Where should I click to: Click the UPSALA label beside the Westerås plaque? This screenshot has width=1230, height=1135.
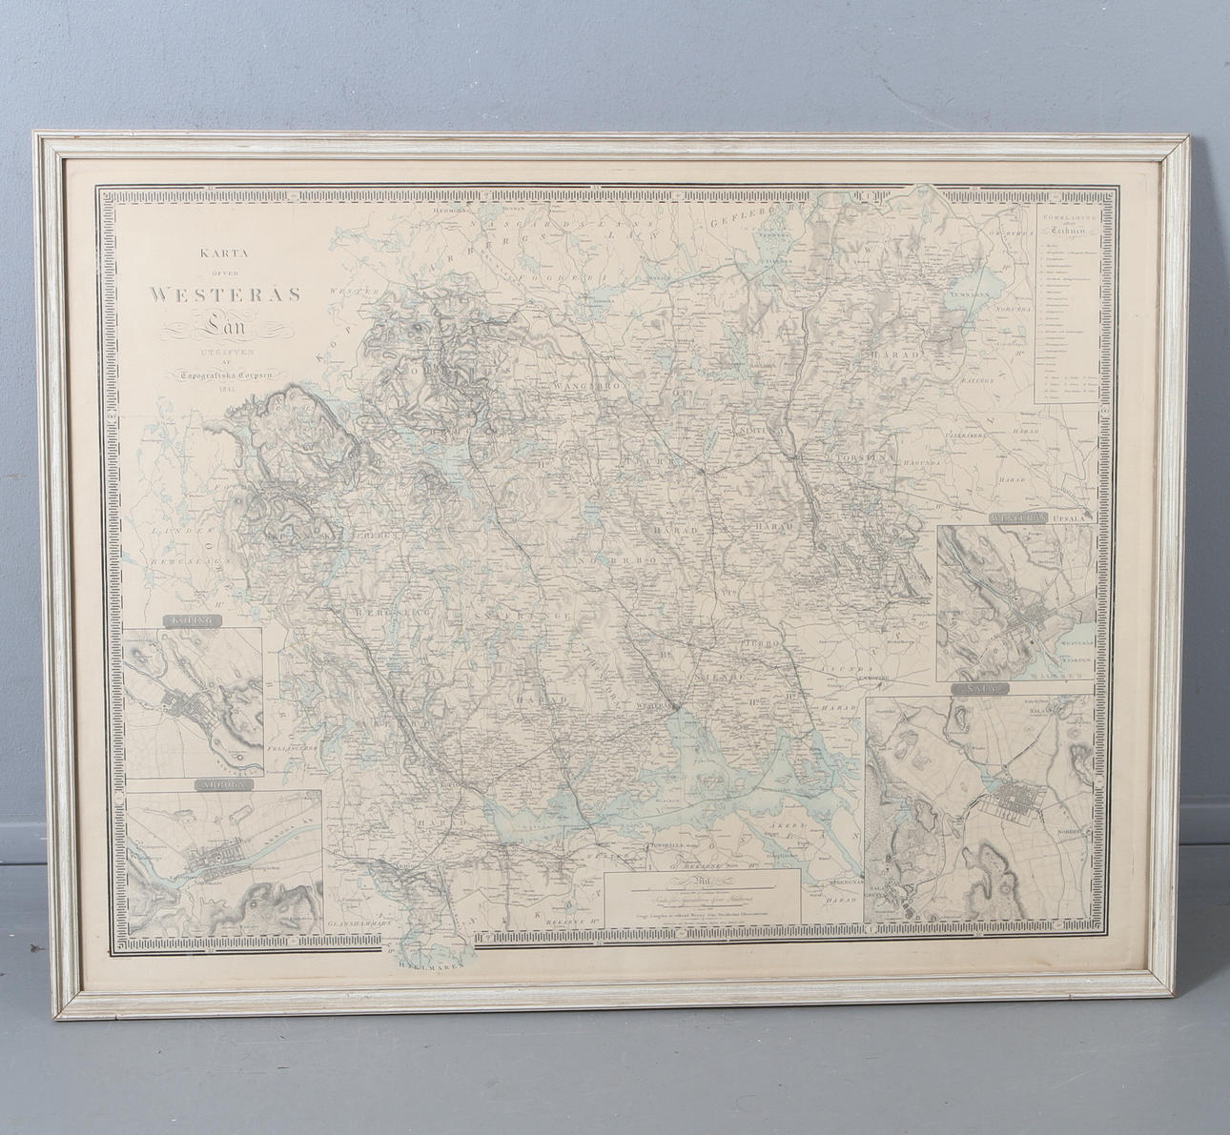1076,517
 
